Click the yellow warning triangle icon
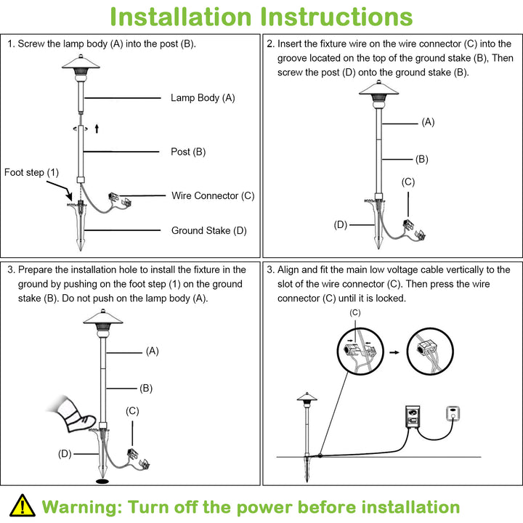tap(23, 505)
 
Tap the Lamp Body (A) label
tap(203, 97)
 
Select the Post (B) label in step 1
tap(188, 152)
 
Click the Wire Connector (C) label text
tap(213, 195)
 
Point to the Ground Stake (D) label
tap(209, 231)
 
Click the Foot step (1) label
tap(31, 172)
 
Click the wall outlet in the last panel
tap(455, 413)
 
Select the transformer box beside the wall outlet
tap(413, 418)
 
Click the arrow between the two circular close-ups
tap(394, 352)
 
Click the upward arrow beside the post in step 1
tap(96, 129)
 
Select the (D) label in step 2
tap(340, 224)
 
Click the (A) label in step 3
tap(152, 351)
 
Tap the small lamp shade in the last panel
tap(305, 397)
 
